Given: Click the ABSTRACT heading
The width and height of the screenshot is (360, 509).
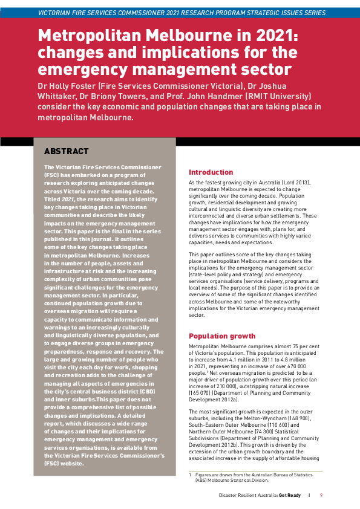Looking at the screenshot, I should tap(67, 151).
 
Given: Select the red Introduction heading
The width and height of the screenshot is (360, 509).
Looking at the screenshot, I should tap(211, 172).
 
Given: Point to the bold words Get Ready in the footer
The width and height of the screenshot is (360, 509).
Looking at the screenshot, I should tap(289, 495).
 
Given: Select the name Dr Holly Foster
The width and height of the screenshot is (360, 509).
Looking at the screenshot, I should tap(65, 85).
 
